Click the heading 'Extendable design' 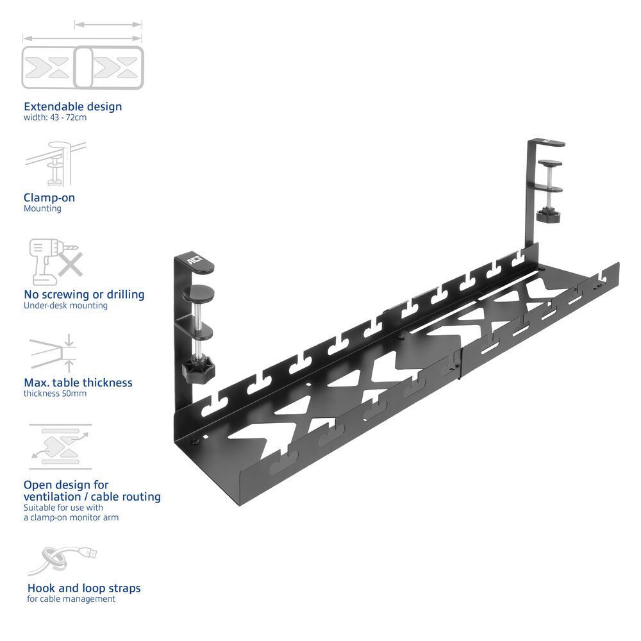[x=72, y=106]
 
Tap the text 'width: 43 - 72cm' [x=54, y=118]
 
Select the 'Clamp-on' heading [x=49, y=197]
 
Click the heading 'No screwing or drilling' [x=84, y=294]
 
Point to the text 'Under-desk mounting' [x=65, y=306]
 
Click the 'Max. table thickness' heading [x=78, y=382]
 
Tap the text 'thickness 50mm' [x=55, y=394]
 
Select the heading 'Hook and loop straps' [x=84, y=588]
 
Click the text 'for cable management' [x=71, y=599]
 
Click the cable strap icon [x=61, y=561]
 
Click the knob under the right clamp [x=549, y=216]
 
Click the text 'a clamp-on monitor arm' [x=71, y=517]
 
